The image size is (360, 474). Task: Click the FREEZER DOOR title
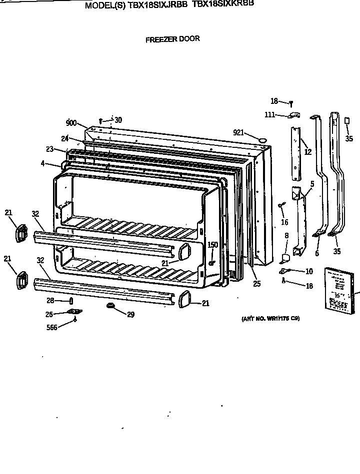172,39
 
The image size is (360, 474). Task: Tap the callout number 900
71,122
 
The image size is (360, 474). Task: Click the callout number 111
270,115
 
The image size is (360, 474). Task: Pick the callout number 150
213,244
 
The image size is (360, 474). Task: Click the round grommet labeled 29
109,305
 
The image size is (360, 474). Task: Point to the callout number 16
284,222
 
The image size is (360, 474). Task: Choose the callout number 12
307,152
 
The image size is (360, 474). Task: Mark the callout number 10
309,271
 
